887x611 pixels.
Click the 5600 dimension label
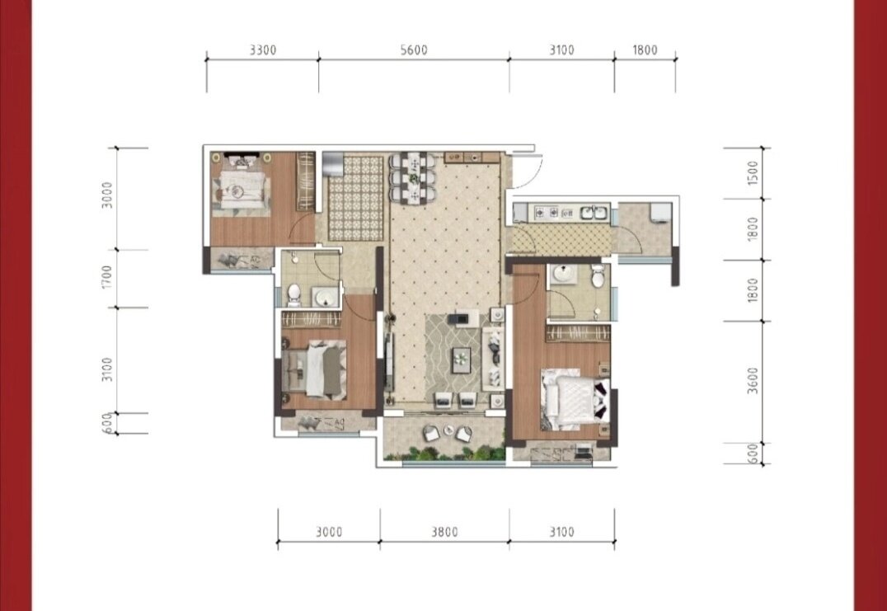pyautogui.click(x=414, y=49)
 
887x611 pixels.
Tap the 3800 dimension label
pyautogui.click(x=444, y=532)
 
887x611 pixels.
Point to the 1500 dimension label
pyautogui.click(x=753, y=172)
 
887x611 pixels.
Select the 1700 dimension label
pyautogui.click(x=107, y=277)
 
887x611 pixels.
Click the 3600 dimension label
pyautogui.click(x=753, y=381)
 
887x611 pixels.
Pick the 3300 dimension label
pyautogui.click(x=263, y=49)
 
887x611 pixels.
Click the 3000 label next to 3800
pyautogui.click(x=329, y=532)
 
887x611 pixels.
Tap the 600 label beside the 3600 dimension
pyautogui.click(x=753, y=454)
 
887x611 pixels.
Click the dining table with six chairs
pyautogui.click(x=412, y=177)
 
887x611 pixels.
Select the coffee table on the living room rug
pyautogui.click(x=461, y=360)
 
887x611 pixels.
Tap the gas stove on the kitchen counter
pyautogui.click(x=547, y=212)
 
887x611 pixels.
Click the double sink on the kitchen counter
pyautogui.click(x=592, y=213)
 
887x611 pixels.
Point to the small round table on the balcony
pyautogui.click(x=448, y=430)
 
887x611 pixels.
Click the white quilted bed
pyautogui.click(x=576, y=399)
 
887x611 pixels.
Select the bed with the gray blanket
pyautogui.click(x=314, y=369)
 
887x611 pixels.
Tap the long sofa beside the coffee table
pyautogui.click(x=492, y=358)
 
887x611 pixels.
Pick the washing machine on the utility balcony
pyautogui.click(x=660, y=214)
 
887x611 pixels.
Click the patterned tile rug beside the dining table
pyautogui.click(x=356, y=197)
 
